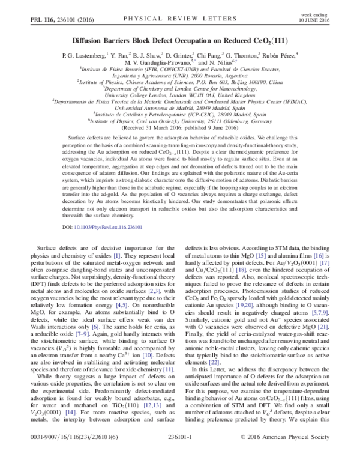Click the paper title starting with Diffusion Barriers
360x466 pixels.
tap(179, 41)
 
